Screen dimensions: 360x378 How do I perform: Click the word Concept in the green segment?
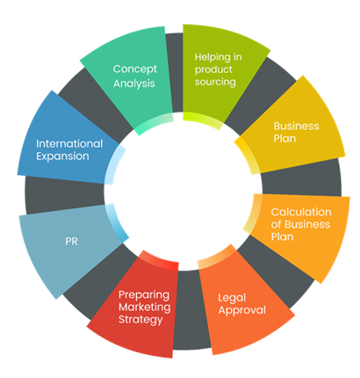click(x=135, y=69)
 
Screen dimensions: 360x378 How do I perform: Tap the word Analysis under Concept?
click(x=134, y=84)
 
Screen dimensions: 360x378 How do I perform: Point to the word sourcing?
click(x=215, y=82)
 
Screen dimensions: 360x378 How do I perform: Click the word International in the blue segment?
click(x=69, y=144)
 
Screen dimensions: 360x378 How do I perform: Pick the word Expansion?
click(x=62, y=156)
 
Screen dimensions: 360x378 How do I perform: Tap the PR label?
click(x=71, y=241)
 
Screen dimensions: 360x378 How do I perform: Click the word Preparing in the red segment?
click(x=144, y=295)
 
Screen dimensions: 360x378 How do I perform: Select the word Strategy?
click(x=140, y=319)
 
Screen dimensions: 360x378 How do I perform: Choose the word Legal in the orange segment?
click(x=232, y=298)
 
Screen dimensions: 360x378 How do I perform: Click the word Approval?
click(x=242, y=310)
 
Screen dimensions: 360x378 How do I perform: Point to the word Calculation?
click(x=301, y=212)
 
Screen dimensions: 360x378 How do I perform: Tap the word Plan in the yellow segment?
click(x=284, y=138)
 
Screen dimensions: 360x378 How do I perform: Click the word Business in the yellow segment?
click(x=296, y=126)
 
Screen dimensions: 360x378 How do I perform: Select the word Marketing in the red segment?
click(x=145, y=307)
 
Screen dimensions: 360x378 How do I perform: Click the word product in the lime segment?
click(x=213, y=69)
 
